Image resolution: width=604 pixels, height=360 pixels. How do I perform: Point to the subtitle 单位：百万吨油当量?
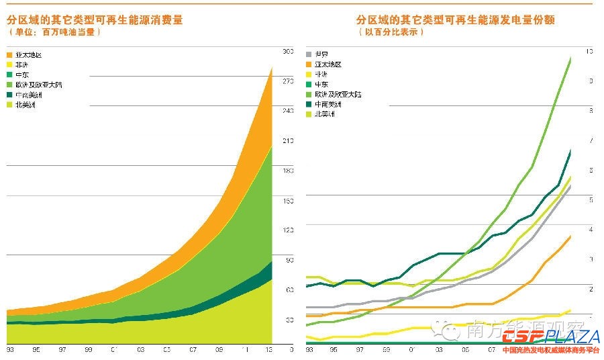pos(54,32)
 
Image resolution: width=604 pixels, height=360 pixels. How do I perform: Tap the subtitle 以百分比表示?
pos(391,32)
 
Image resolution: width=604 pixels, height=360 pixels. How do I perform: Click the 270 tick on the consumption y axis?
pos(287,81)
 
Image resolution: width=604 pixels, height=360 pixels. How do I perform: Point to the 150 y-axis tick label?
pos(287,201)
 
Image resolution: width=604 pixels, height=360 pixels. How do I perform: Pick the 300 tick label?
pos(287,52)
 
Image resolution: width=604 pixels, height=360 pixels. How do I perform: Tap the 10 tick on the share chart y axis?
pos(589,52)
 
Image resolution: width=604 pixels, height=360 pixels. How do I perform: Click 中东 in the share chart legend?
pos(321,85)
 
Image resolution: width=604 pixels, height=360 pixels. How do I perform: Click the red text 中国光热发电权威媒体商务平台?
pos(550,351)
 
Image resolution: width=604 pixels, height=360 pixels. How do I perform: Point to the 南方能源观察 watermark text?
pos(493,328)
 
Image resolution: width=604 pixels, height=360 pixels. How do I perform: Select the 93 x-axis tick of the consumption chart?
pos(10,350)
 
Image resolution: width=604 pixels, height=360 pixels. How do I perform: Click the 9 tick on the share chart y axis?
pos(589,81)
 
